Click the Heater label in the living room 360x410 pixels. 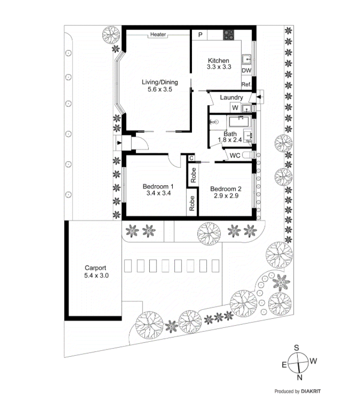pos(158,34)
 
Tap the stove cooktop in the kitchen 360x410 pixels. pos(228,35)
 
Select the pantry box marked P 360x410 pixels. pos(200,35)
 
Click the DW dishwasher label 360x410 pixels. pos(246,71)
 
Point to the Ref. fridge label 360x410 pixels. pos(246,84)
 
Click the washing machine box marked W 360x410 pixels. pos(235,108)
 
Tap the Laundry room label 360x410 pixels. pos(231,97)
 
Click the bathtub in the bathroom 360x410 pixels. pos(240,122)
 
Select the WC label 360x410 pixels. pos(235,156)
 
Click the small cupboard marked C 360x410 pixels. pos(192,158)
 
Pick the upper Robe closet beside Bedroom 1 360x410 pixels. pos(193,175)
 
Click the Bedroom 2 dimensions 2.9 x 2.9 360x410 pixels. pos(226,196)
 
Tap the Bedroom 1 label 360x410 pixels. pos(158,186)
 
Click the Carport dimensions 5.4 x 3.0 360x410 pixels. pos(96,276)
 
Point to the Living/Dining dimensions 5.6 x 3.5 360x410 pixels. pos(160,89)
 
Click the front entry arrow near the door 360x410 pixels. pos(119,143)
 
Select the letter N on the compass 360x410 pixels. pos(300,377)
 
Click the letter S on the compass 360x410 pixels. pos(296,348)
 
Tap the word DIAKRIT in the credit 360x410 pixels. pos(311,391)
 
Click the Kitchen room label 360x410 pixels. pos(218,60)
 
